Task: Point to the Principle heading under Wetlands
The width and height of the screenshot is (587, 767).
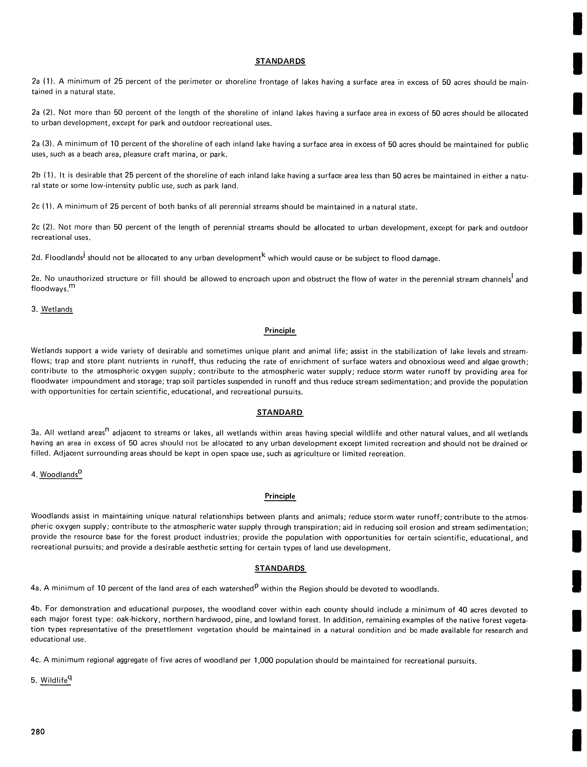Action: point(280,331)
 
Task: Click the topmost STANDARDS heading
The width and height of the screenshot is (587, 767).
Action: point(280,61)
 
